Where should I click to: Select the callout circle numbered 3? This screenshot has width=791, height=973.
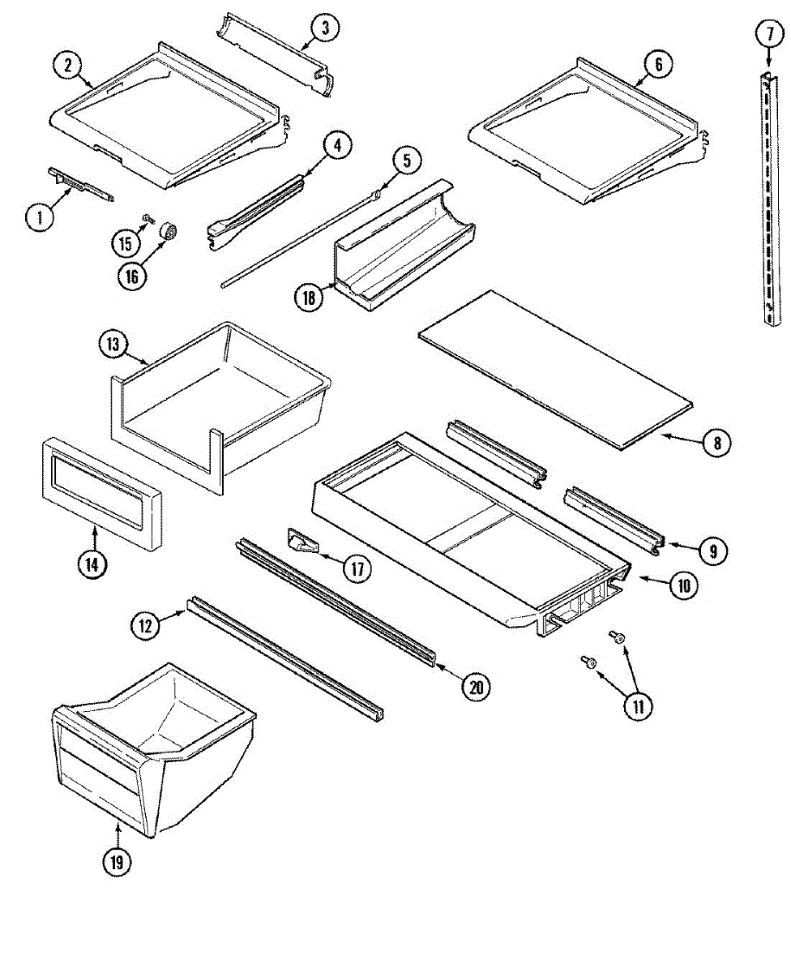click(x=324, y=28)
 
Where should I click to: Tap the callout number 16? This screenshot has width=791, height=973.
click(x=132, y=276)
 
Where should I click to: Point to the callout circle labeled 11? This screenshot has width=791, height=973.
click(x=638, y=705)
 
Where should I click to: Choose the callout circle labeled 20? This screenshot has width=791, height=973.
click(x=476, y=687)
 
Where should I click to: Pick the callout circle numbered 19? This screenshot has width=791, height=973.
click(x=118, y=863)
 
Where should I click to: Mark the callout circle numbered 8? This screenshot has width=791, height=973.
click(x=716, y=443)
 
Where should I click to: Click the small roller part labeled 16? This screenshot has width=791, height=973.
click(x=168, y=232)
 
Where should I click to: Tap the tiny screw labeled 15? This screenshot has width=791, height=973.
click(x=148, y=218)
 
